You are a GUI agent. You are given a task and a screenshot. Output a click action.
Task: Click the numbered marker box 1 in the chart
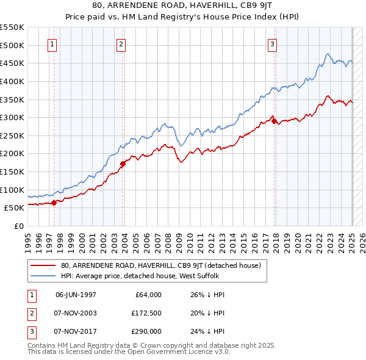point(52,44)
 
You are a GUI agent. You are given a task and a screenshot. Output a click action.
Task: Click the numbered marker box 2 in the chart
point(121,44)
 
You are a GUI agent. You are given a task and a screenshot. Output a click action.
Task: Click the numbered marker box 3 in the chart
point(272,44)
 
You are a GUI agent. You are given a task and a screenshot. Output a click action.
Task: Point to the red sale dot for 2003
point(123,164)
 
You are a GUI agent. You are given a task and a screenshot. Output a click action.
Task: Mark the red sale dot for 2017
point(274,121)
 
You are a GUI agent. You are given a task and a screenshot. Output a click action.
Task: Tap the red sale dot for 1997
point(54,203)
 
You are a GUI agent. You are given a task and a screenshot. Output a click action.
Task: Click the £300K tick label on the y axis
point(12,117)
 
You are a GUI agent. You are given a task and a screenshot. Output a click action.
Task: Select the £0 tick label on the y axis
point(19,226)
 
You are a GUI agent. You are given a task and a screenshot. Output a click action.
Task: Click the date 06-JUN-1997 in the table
point(76,295)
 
